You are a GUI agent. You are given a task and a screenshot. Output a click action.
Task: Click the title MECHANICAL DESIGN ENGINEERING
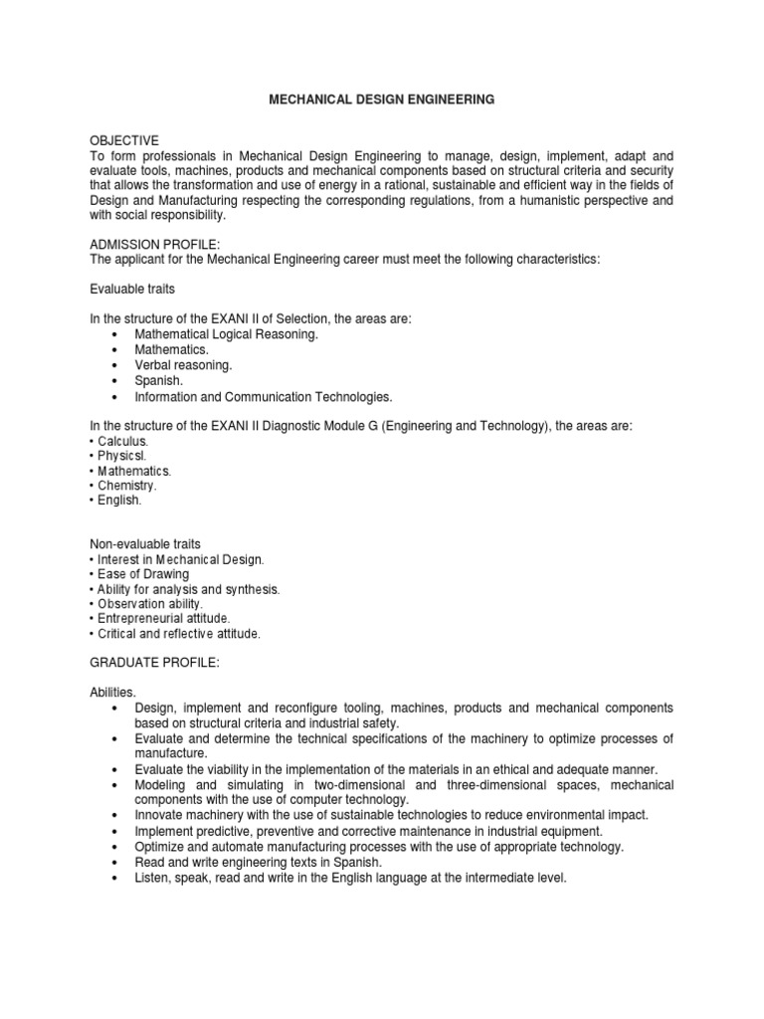(382, 101)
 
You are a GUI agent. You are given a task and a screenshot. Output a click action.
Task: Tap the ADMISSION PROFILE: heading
(147, 245)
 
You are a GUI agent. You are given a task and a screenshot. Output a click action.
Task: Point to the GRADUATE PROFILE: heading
(145, 660)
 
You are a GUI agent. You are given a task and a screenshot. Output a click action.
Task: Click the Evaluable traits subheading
(132, 289)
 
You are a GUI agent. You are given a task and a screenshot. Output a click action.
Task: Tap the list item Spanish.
(159, 380)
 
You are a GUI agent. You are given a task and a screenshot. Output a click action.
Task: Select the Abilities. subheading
(112, 690)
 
